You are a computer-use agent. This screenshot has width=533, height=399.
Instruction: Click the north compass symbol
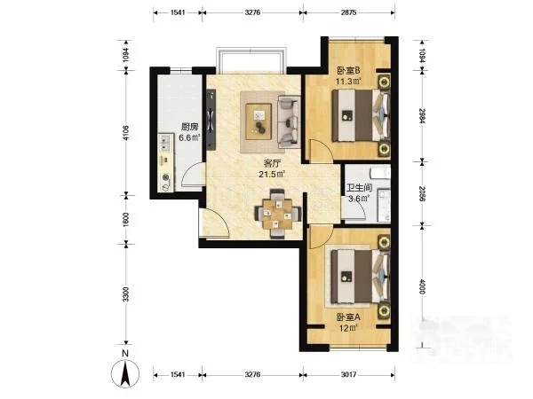(125, 373)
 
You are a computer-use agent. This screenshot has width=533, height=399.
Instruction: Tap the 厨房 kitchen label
(189, 127)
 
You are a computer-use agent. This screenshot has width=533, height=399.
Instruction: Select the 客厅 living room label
(272, 163)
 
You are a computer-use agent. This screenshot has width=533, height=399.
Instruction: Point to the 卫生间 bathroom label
(359, 188)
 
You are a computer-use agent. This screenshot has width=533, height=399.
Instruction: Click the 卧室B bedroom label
(348, 71)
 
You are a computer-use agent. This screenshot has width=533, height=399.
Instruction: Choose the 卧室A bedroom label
(348, 317)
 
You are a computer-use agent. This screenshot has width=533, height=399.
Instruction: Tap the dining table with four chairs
(278, 214)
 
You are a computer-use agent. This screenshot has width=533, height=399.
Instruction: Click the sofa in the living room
(289, 121)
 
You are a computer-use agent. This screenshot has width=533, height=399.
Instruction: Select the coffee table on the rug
(259, 121)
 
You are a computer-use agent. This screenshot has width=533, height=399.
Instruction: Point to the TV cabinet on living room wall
(211, 120)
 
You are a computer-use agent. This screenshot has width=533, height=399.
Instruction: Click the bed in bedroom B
(361, 115)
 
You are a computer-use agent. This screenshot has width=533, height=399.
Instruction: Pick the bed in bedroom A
(361, 277)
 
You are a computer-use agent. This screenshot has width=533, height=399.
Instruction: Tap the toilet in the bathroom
(380, 173)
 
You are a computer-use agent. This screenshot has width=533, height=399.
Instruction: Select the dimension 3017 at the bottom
(348, 374)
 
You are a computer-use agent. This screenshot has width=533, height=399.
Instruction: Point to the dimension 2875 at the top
(348, 12)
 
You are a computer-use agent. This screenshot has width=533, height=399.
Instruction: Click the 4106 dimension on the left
(126, 133)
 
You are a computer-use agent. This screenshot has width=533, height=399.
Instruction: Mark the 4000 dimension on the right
(422, 286)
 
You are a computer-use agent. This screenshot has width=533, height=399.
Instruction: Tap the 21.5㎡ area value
(272, 175)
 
